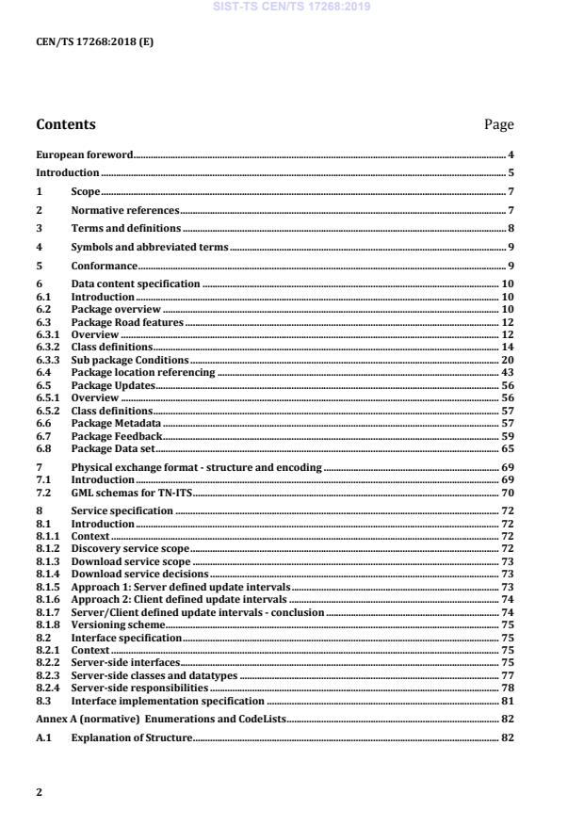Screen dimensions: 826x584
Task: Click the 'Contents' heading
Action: point(65,124)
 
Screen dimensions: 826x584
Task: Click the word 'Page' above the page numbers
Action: point(497,124)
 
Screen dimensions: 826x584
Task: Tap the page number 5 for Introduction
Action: point(510,173)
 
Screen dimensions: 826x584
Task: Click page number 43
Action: point(506,373)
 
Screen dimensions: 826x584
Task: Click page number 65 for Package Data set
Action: point(506,449)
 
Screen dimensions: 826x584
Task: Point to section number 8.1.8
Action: point(47,624)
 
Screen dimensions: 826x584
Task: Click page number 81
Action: point(506,701)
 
